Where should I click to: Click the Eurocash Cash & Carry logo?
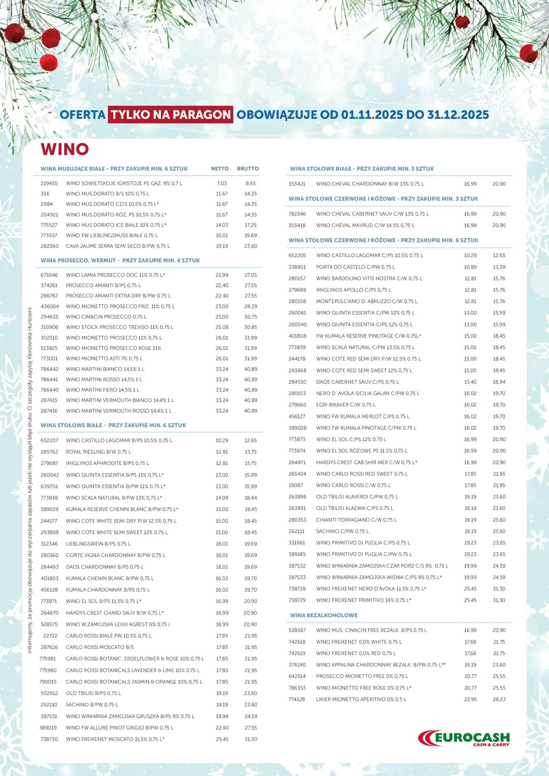464,738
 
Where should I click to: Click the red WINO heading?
64,149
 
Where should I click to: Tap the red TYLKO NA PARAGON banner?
170,115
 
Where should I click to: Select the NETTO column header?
220,169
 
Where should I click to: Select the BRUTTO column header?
248,169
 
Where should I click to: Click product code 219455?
49,183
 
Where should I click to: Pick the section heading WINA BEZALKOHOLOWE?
323,615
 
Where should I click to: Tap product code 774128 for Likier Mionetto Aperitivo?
296,699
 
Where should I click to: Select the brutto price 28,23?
499,699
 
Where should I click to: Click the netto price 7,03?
222,183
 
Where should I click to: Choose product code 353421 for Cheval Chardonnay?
297,184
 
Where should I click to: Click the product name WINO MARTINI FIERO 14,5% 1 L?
102,390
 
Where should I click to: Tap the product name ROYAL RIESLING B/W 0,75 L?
98,452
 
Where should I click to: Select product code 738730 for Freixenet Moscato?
49,739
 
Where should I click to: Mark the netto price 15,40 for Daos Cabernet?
470,382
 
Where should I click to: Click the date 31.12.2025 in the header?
458,115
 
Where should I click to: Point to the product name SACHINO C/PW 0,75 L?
342,531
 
